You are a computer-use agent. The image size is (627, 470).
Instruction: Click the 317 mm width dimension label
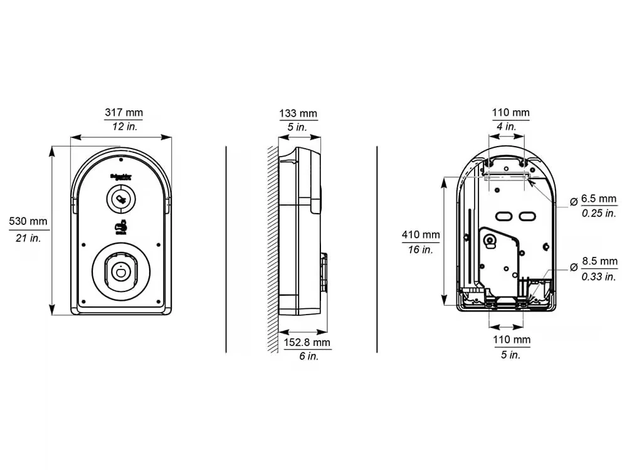pyautogui.click(x=124, y=113)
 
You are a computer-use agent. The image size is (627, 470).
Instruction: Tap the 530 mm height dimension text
pyautogui.click(x=28, y=221)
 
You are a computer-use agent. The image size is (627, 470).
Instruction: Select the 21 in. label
pyautogui.click(x=28, y=238)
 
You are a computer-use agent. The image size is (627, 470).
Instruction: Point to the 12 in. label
pyautogui.click(x=124, y=126)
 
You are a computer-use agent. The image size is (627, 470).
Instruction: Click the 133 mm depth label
pyautogui.click(x=298, y=113)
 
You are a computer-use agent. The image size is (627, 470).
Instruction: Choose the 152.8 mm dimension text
pyautogui.click(x=307, y=343)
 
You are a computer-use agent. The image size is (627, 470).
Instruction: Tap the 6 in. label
pyautogui.click(x=307, y=356)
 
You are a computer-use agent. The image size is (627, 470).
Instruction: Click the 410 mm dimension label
pyautogui.click(x=421, y=235)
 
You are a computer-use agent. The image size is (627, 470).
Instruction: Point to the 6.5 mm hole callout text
pyautogui.click(x=599, y=199)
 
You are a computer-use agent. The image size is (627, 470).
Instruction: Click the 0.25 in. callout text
pyautogui.click(x=599, y=213)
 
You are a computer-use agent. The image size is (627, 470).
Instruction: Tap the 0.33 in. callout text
pyautogui.click(x=599, y=277)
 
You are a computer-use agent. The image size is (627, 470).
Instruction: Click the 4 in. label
pyautogui.click(x=506, y=126)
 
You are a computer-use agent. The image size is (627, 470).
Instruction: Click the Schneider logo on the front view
pyautogui.click(x=121, y=177)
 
